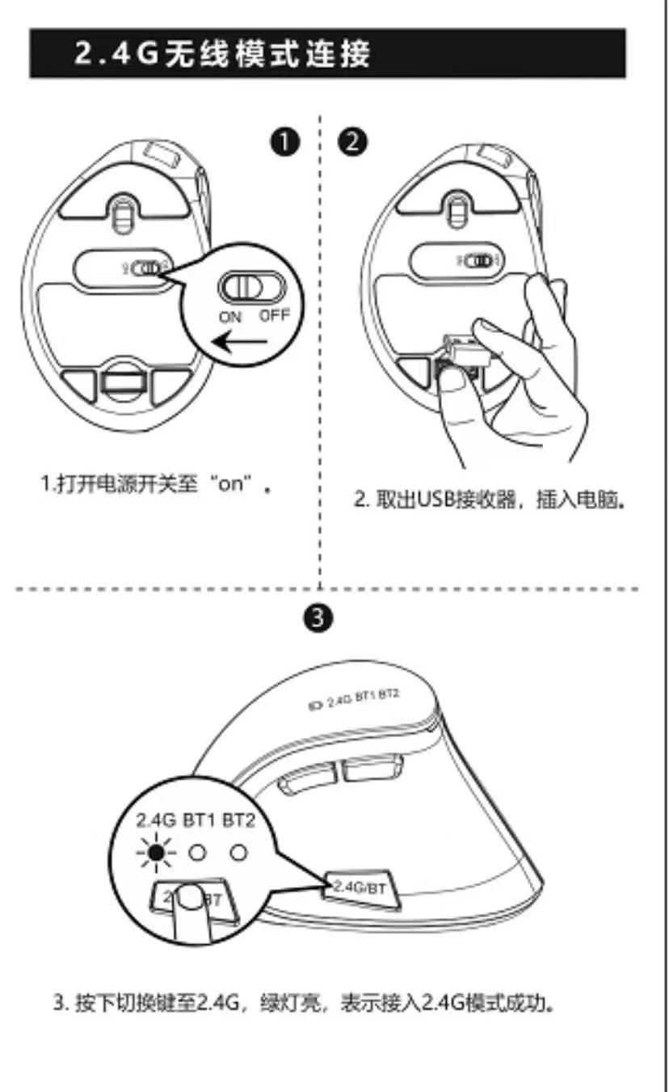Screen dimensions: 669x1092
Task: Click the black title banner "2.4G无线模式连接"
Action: pos(327,53)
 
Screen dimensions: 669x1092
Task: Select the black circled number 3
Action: pos(320,618)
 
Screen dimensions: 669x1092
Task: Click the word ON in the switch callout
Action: pos(230,317)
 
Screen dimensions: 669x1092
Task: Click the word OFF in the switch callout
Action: pos(273,315)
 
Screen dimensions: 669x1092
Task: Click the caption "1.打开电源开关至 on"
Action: pos(154,486)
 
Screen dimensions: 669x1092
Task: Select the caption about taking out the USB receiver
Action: pos(491,500)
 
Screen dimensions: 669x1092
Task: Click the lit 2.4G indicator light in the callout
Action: pos(158,852)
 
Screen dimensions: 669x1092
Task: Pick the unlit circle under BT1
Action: pos(196,852)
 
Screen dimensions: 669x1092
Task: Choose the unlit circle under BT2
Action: pos(237,852)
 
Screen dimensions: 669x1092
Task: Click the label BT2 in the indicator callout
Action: pos(238,822)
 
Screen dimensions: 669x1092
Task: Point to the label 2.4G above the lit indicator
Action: pos(156,822)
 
